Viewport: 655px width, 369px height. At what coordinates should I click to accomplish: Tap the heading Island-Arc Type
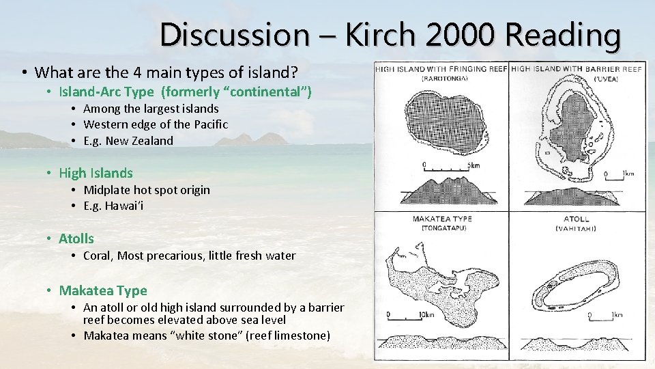[106, 92]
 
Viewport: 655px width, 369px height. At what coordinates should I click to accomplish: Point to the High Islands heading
[96, 173]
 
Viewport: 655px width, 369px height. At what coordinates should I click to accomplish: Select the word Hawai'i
[123, 206]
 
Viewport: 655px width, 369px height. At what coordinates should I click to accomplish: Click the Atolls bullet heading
[76, 238]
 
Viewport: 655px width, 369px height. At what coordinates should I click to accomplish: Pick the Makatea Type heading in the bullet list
[102, 290]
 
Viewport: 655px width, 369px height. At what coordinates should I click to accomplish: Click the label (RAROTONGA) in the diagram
[441, 79]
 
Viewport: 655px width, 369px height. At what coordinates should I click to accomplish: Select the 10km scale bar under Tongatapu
[408, 316]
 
